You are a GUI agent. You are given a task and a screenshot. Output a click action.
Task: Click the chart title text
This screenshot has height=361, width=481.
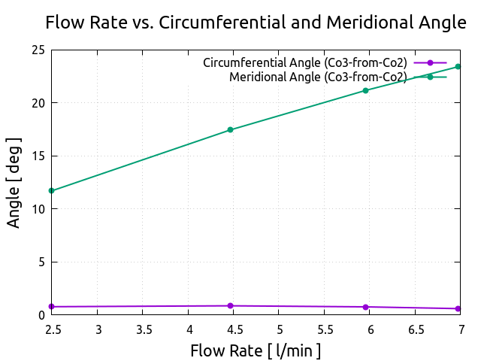coord(256,22)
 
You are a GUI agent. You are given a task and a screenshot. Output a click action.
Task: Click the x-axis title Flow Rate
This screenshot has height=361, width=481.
coord(256,350)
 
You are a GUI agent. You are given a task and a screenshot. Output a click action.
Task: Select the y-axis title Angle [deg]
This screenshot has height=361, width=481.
coord(14,183)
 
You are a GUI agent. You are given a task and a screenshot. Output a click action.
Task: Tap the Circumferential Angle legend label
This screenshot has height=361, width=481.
coord(305,63)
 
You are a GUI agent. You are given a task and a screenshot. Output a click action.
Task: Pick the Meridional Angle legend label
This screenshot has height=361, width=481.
coord(318,77)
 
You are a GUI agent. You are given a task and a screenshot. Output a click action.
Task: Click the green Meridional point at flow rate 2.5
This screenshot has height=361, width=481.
coord(51,191)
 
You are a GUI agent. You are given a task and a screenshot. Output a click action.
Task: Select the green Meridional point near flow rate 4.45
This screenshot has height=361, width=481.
coord(231,130)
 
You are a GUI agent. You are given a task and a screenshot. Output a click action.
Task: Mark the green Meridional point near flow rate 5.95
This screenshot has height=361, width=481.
coord(366,90)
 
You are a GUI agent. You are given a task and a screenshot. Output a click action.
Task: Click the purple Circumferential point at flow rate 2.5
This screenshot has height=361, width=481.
coord(51,307)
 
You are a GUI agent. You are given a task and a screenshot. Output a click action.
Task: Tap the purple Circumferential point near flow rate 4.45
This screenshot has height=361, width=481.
coord(231,306)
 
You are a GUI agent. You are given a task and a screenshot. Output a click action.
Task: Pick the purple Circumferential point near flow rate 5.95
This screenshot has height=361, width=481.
coord(366,307)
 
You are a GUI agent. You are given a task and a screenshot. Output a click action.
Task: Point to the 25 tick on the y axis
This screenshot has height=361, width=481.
coord(37,50)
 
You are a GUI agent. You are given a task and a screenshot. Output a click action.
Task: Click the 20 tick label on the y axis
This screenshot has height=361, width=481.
coord(37,103)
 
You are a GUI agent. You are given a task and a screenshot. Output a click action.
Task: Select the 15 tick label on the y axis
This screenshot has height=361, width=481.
coord(37,156)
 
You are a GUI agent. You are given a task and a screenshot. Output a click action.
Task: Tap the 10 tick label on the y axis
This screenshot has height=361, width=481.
coord(37,209)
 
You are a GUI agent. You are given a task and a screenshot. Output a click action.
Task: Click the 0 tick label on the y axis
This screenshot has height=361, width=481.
coord(41,315)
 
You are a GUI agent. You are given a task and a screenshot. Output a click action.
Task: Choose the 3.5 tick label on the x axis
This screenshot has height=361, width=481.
coord(144,329)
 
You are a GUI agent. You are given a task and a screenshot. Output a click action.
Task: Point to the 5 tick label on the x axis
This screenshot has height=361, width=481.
coord(280,329)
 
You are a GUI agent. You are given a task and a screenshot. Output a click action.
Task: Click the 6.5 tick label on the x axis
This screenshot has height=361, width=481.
coord(416,329)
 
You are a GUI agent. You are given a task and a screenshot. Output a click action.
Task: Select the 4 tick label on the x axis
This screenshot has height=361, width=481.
coord(189,329)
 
